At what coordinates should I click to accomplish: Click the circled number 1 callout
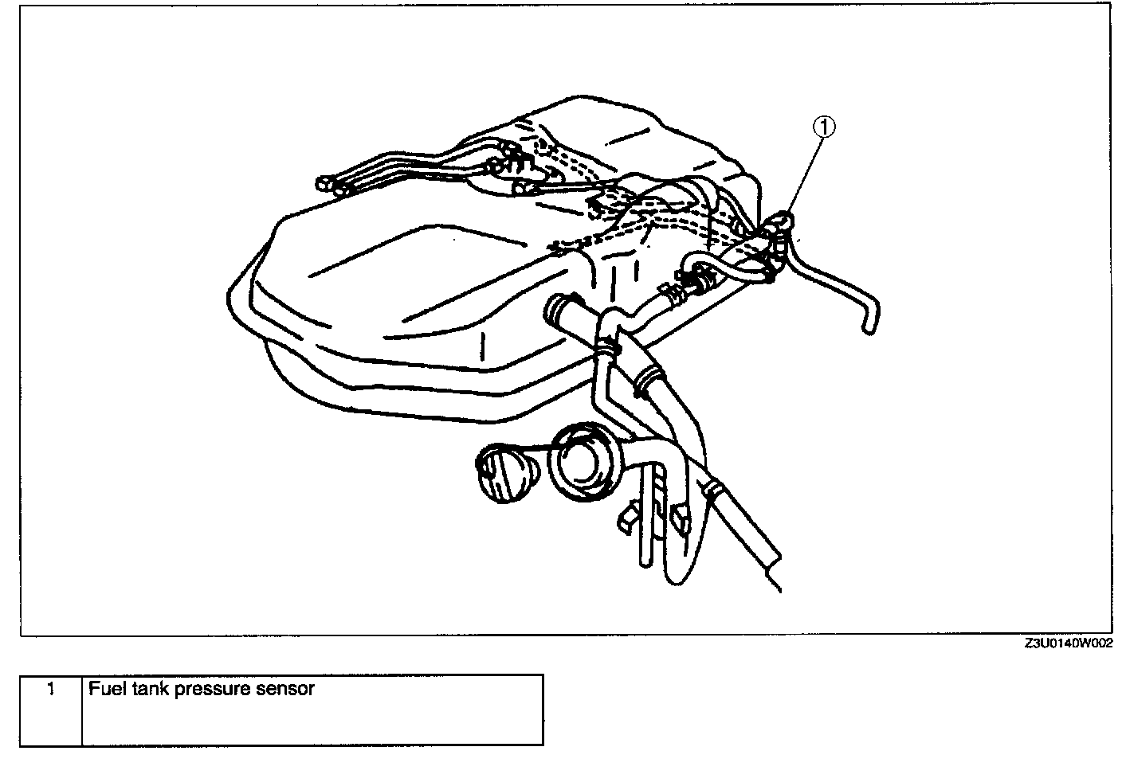point(824,125)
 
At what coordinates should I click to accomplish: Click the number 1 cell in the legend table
point(51,689)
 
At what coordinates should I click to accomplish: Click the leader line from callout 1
point(802,176)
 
